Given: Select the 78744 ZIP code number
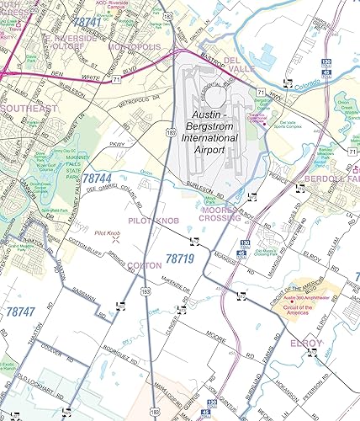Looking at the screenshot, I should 97,179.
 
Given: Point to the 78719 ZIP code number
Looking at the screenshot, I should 180,260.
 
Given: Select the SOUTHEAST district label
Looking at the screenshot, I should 29,109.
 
